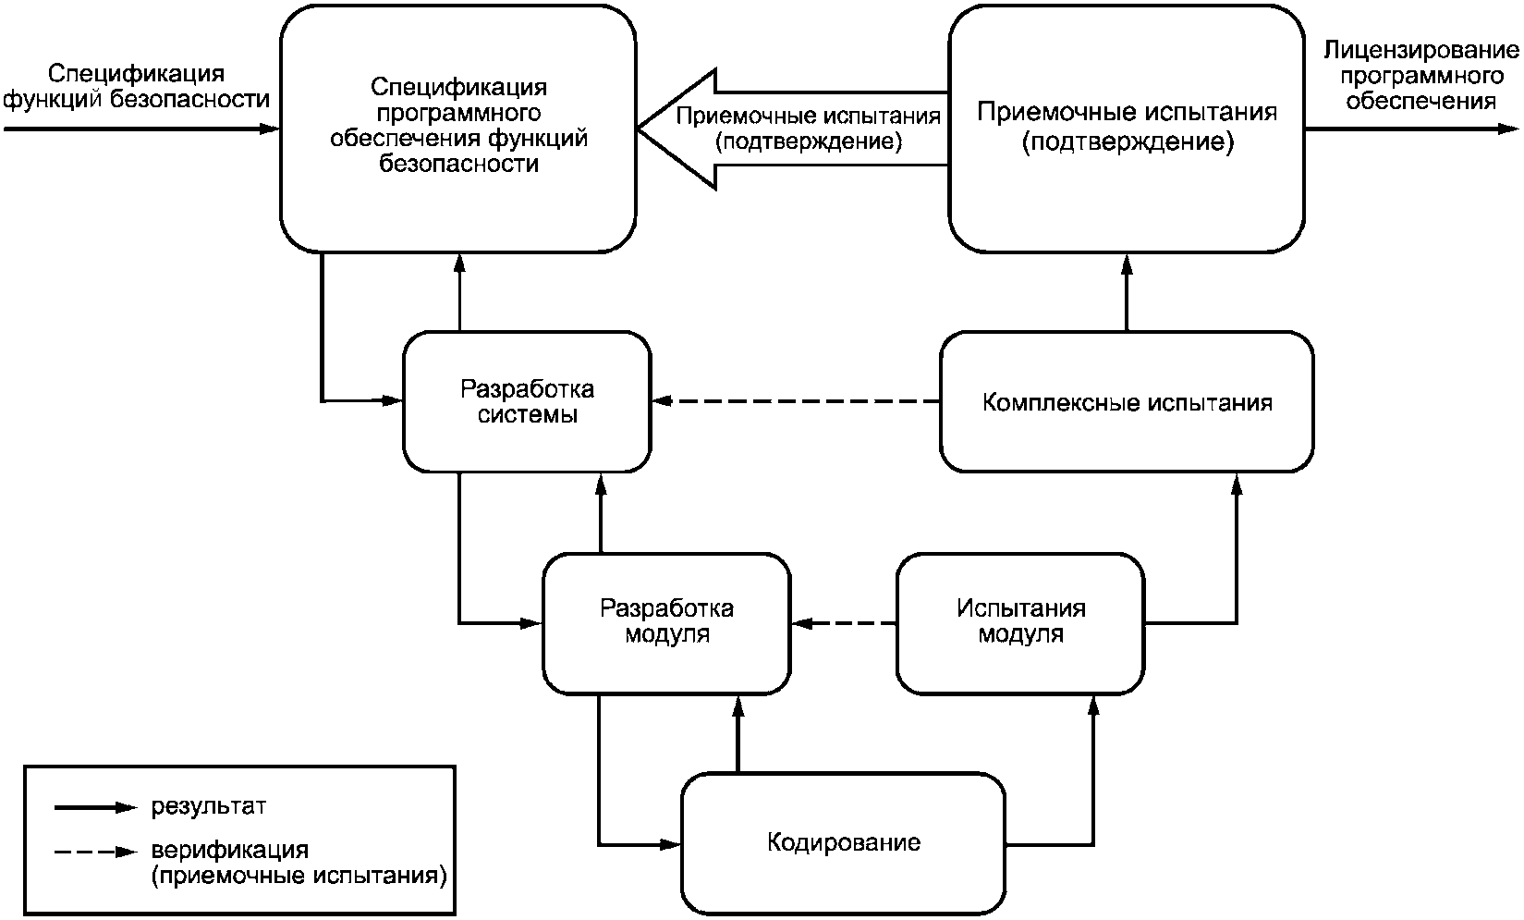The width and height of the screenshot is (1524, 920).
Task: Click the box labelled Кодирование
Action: tap(843, 843)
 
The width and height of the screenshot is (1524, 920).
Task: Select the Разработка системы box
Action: tap(527, 401)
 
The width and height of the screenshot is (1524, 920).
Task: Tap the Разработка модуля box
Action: tap(666, 622)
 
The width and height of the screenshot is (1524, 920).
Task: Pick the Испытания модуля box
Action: tap(1020, 622)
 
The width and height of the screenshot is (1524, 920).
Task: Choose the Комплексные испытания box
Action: tap(1127, 403)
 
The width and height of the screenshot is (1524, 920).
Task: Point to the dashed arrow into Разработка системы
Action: tap(795, 401)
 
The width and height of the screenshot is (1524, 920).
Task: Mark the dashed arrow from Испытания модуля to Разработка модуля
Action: tap(845, 623)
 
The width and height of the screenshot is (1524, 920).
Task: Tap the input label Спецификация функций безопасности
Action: tap(137, 86)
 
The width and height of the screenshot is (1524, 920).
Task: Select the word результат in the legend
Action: tap(208, 807)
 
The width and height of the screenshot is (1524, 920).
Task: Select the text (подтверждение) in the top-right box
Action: tap(1128, 143)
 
